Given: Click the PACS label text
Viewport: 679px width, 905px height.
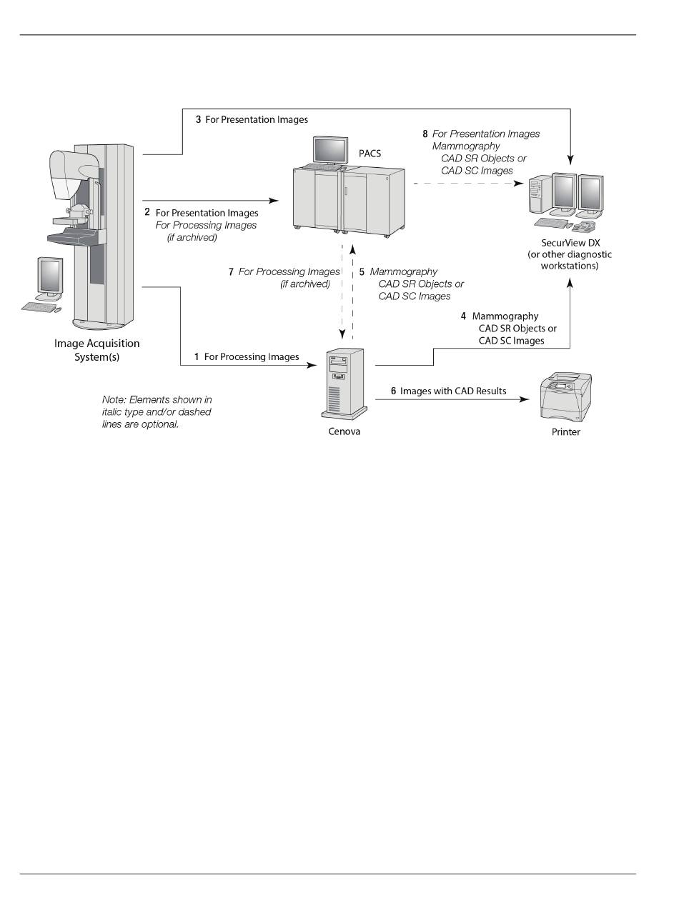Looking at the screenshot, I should (370, 154).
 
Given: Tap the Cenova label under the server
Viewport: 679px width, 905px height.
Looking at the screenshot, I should (344, 431).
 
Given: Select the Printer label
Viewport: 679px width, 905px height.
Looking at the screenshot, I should (565, 432).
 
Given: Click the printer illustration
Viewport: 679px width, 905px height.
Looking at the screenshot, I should (567, 397).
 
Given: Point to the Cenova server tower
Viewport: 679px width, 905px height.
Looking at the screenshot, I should (342, 382).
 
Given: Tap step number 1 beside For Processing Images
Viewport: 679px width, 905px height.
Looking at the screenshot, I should (197, 356).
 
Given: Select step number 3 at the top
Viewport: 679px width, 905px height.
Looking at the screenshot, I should (198, 120).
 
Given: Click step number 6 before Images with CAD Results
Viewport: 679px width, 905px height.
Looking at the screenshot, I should (393, 391).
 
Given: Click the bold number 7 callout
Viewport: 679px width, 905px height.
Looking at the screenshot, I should (231, 272).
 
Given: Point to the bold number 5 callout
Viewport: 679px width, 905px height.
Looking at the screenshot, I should (362, 272).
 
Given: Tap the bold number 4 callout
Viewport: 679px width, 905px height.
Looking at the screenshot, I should (463, 316).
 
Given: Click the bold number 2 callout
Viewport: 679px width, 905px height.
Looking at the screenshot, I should (147, 212).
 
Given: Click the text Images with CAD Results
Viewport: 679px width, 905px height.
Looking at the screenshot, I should (453, 391).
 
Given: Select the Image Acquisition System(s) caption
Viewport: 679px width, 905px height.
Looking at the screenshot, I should (97, 350).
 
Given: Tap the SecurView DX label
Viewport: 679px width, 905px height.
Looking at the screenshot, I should (570, 243).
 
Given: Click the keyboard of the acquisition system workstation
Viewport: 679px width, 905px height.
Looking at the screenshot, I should (40, 307).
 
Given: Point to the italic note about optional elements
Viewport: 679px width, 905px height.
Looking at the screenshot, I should (157, 412).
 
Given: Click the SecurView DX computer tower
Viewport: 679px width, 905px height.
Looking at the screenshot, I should (538, 196).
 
